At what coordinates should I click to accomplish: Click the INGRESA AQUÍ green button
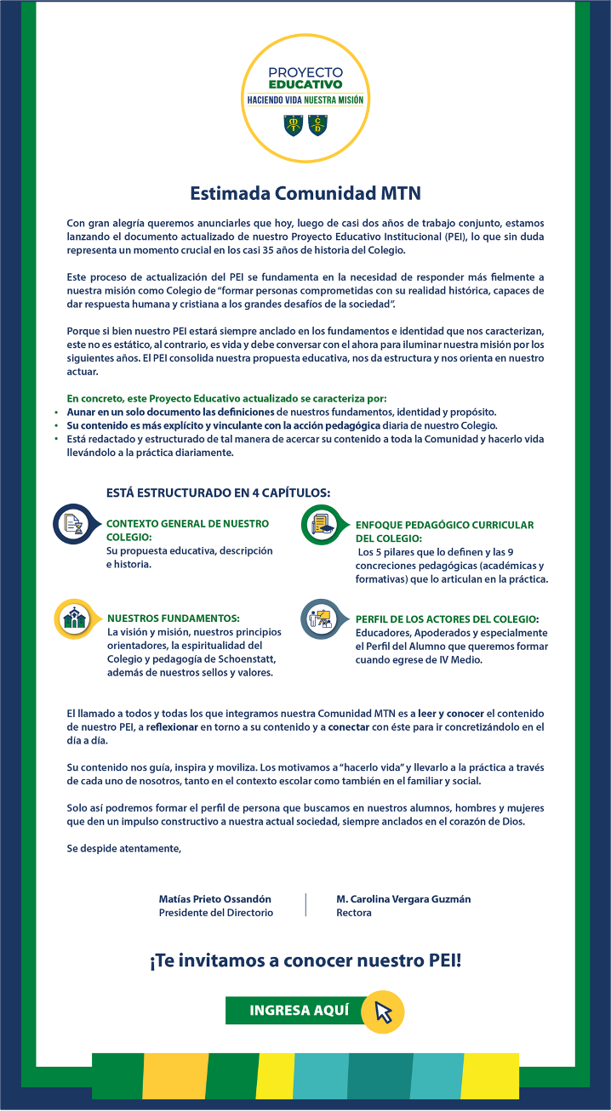click(298, 1010)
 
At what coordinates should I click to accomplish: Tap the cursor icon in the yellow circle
click(383, 1011)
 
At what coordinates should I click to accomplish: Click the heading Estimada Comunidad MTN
click(305, 193)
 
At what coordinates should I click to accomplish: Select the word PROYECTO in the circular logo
click(305, 72)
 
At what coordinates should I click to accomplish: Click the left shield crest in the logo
click(294, 125)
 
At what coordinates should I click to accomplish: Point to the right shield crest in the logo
click(317, 125)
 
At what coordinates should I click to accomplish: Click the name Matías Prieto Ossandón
click(215, 898)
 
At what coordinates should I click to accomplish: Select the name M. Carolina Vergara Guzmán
click(403, 898)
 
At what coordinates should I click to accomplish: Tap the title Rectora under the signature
click(354, 913)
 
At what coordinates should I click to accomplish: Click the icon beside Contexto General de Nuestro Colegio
click(73, 524)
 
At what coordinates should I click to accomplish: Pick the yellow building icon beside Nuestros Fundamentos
click(75, 618)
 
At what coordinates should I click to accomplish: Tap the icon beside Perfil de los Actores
click(322, 619)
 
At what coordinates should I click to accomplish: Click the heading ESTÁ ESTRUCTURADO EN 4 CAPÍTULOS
click(218, 493)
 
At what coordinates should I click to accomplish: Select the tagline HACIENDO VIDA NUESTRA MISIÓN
click(305, 100)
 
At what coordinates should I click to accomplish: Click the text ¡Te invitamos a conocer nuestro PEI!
click(305, 962)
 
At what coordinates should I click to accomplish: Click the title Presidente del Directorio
click(216, 913)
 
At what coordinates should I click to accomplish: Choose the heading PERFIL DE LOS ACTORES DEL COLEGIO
click(447, 619)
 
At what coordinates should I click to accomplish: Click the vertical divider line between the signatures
click(305, 905)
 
